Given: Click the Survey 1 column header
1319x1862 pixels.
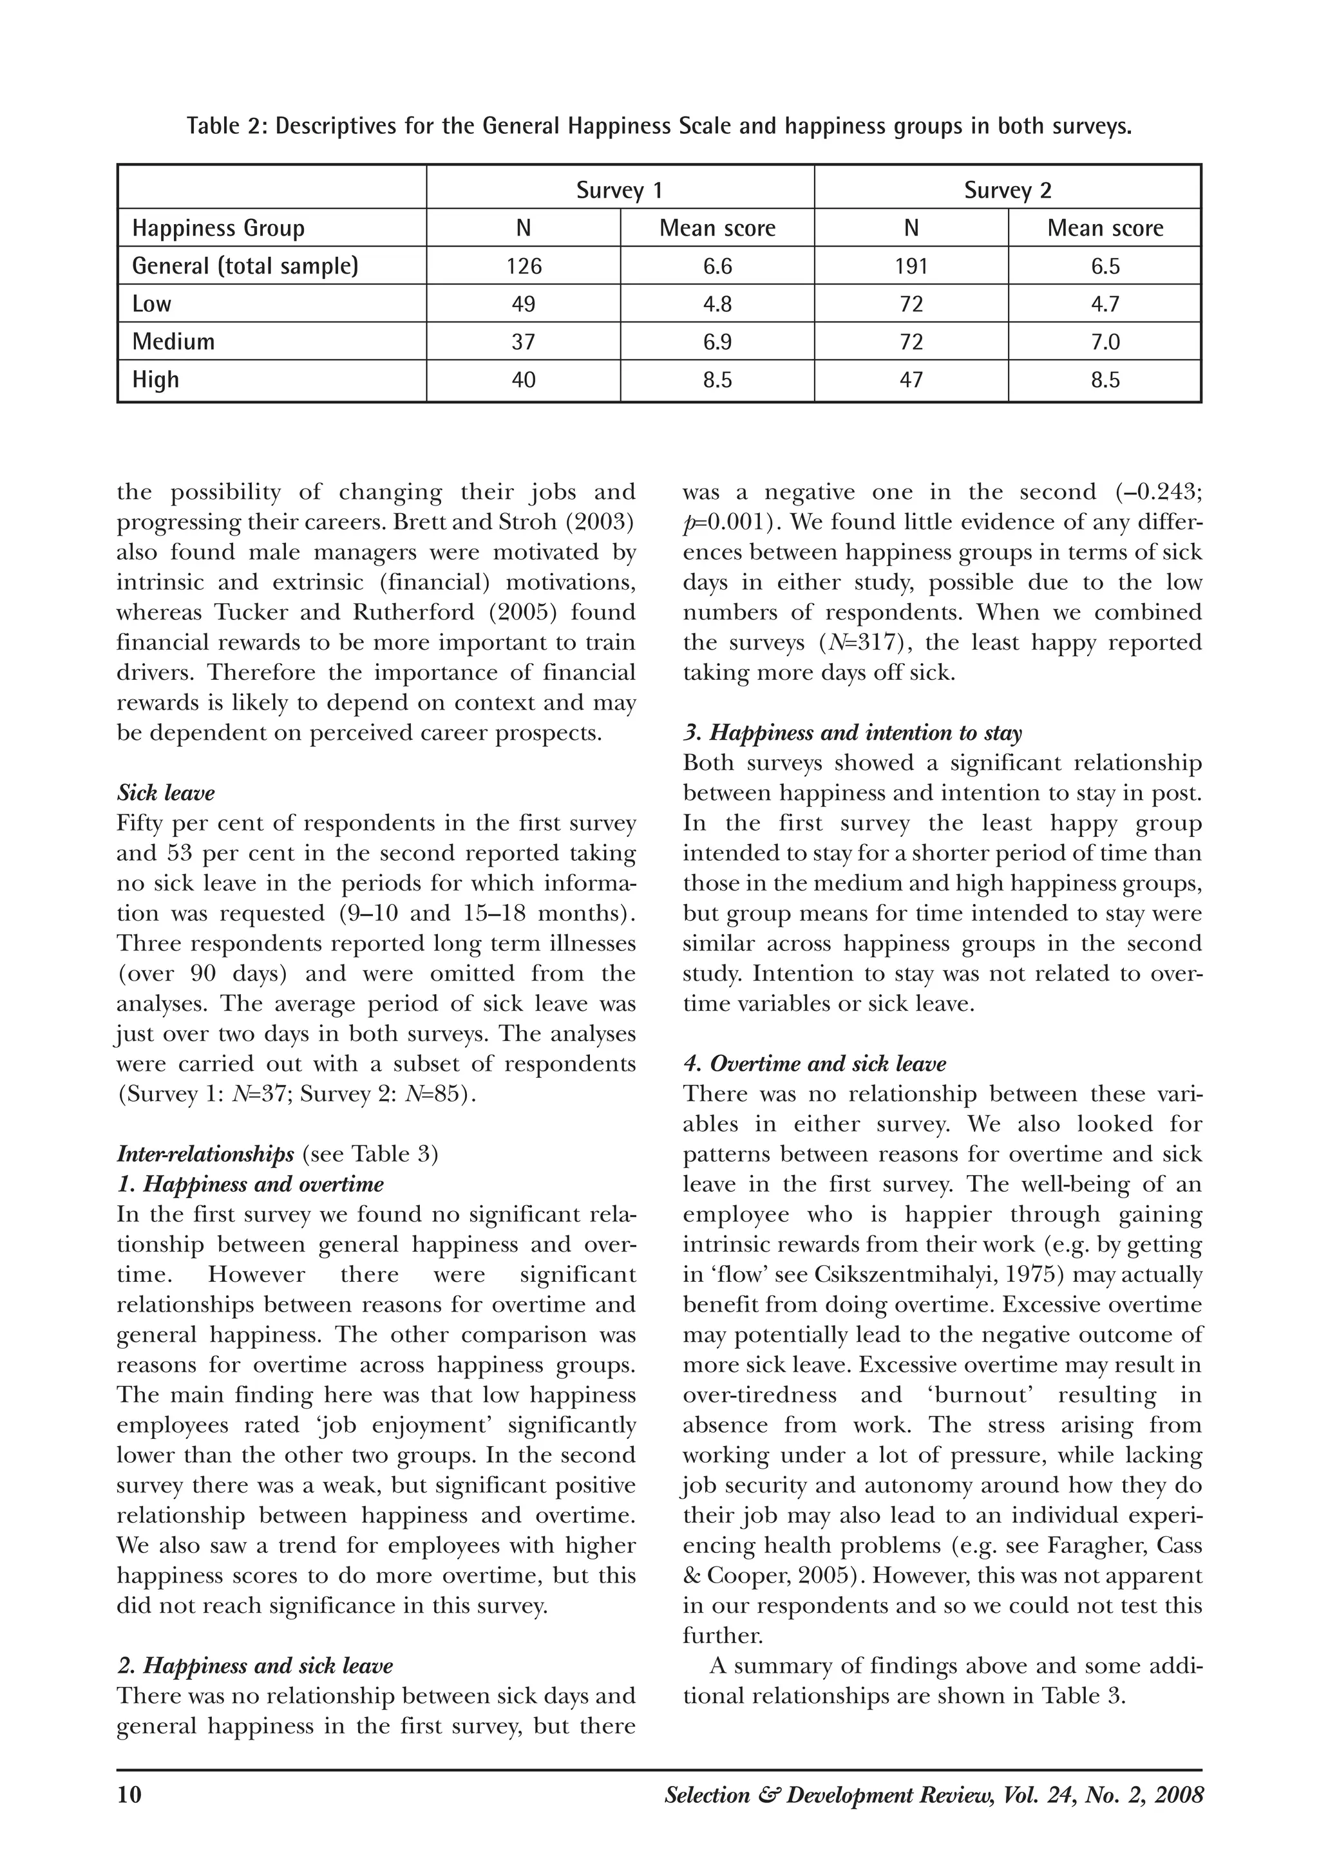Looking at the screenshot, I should pyautogui.click(x=620, y=190).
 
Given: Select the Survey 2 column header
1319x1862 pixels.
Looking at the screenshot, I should pyautogui.click(x=1007, y=190).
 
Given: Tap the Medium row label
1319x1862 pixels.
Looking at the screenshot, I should pyautogui.click(x=174, y=342).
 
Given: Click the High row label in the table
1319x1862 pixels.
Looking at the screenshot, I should pyautogui.click(x=156, y=379).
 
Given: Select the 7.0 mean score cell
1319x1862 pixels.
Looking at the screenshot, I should pyautogui.click(x=1105, y=342).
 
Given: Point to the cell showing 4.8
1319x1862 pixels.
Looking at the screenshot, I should pyautogui.click(x=717, y=304).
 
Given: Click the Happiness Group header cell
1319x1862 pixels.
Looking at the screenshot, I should pyautogui.click(x=218, y=228).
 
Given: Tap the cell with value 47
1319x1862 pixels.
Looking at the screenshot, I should pyautogui.click(x=911, y=379).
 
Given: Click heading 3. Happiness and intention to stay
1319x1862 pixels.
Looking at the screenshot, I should pyautogui.click(x=852, y=733).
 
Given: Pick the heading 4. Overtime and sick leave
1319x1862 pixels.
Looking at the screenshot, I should pyautogui.click(x=815, y=1064).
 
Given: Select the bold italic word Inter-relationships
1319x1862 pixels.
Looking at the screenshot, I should pyautogui.click(x=205, y=1154).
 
